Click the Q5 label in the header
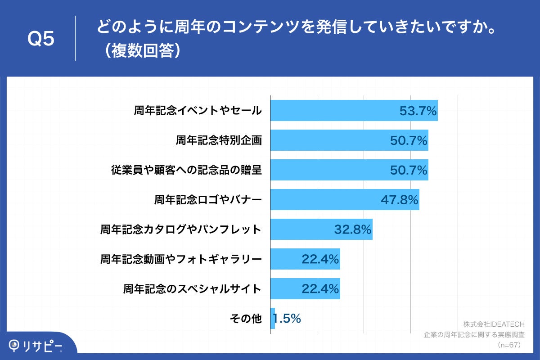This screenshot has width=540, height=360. [41, 39]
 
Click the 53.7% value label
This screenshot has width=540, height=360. [418, 111]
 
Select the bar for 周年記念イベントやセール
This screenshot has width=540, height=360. [333, 111]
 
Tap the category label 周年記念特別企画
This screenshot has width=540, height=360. [218, 140]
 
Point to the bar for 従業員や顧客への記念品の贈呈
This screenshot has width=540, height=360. [328, 170]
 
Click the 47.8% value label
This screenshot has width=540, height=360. [400, 200]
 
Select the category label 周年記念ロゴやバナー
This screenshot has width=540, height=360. [207, 200]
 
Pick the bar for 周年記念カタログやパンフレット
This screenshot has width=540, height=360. [301, 229]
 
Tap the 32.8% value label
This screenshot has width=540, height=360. [352, 229]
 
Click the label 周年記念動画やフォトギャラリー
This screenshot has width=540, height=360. [180, 259]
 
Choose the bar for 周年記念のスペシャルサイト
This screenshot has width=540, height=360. [288, 289]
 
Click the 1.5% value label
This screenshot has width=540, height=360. [287, 319]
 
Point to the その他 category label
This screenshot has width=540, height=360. [245, 319]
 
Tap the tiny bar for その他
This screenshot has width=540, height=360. [273, 319]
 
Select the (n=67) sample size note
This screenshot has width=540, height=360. [509, 345]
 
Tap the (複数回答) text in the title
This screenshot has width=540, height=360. [140, 51]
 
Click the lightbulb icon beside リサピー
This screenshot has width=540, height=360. [14, 345]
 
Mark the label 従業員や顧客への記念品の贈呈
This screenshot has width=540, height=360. [186, 170]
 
